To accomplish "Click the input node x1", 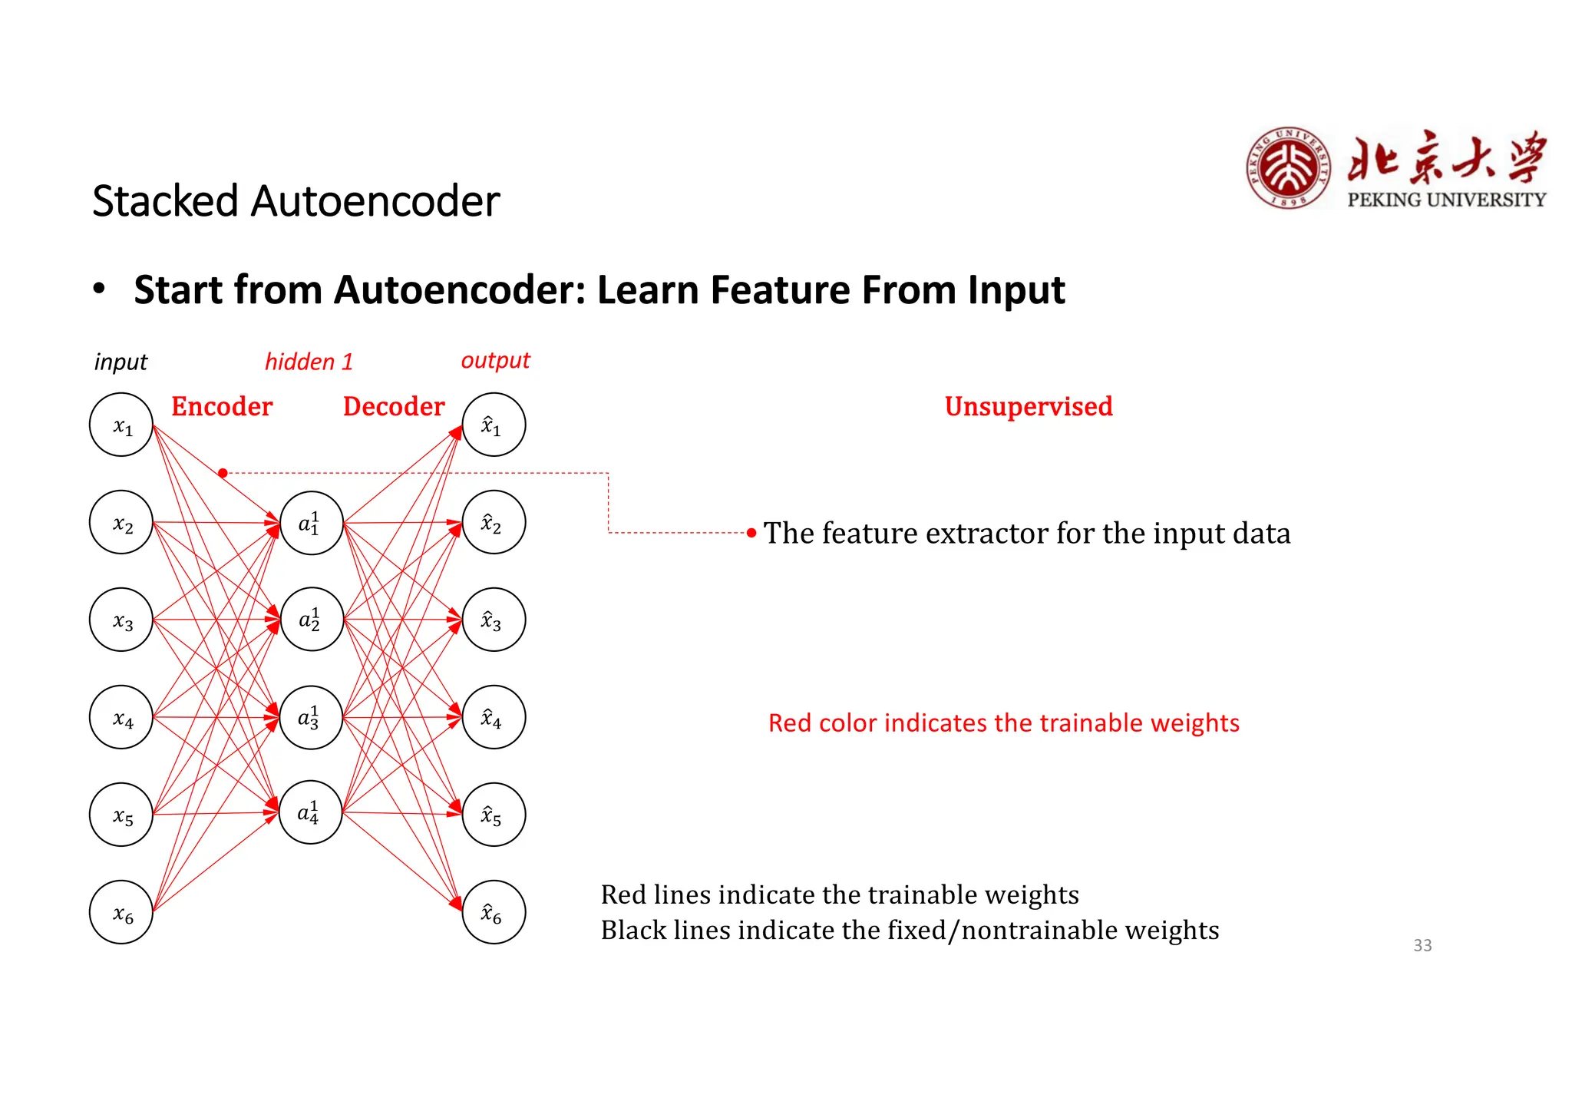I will tap(121, 425).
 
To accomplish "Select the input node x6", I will tap(121, 912).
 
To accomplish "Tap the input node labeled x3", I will tap(121, 620).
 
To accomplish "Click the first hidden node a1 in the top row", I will tap(311, 523).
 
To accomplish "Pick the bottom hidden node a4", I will tap(310, 812).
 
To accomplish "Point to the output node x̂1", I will tap(494, 425).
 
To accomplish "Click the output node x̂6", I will tap(494, 912).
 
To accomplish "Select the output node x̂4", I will tap(494, 717).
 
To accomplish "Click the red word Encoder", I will tap(222, 406).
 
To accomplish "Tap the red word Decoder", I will tap(394, 406).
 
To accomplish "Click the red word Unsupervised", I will tap(1028, 406).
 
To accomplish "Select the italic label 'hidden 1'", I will tap(309, 362).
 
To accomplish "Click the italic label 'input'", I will tap(121, 362).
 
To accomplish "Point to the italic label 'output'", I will tap(495, 360).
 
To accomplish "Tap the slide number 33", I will tap(1422, 945).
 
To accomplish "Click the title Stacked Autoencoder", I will tap(296, 201).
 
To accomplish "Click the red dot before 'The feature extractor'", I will tap(751, 532).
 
